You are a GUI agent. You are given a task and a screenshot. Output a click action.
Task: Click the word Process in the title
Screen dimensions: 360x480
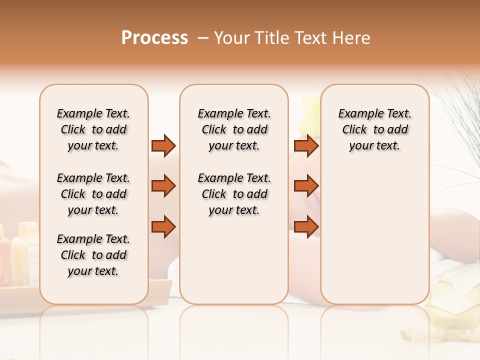[154, 38]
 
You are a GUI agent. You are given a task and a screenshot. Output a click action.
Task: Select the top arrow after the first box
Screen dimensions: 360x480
[163, 145]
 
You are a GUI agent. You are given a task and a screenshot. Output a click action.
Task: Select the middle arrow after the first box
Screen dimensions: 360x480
[163, 186]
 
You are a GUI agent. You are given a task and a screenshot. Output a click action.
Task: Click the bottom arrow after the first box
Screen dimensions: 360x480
[163, 226]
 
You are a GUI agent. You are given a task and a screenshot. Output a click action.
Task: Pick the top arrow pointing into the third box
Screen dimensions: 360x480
[306, 145]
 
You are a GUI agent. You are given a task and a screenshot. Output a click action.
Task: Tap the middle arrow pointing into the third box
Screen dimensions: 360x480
[306, 186]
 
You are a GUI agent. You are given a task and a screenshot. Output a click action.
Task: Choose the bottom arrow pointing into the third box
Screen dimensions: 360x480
[306, 226]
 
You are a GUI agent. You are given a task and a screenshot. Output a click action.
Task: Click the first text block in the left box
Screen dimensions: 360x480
[93, 129]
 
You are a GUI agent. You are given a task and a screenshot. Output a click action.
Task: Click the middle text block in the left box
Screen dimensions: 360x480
[93, 194]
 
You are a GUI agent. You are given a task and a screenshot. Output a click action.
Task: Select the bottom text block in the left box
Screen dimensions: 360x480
[93, 255]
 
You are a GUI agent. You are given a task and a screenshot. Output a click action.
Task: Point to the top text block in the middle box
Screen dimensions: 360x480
[234, 129]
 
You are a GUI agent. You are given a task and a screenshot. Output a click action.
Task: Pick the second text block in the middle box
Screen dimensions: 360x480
[234, 194]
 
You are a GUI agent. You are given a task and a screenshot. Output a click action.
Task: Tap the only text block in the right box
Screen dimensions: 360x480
[374, 129]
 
